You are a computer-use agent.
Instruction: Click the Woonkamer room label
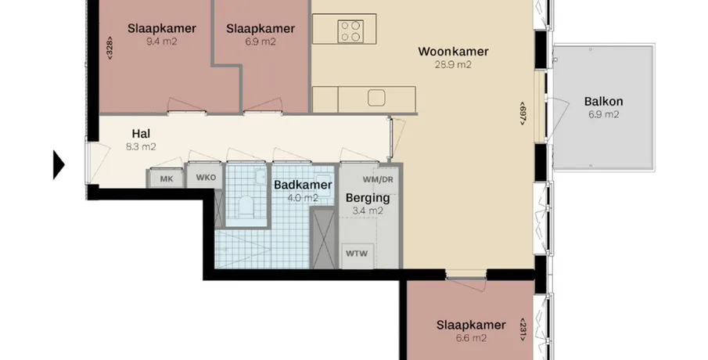click(x=453, y=52)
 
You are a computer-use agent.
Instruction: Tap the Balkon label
click(x=603, y=102)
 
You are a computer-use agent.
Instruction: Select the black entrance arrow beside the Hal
click(x=59, y=165)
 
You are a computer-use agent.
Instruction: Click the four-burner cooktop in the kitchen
click(x=350, y=31)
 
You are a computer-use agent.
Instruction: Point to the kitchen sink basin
click(x=376, y=98)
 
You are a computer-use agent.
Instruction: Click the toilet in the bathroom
click(x=247, y=207)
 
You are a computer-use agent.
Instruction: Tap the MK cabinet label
click(x=167, y=179)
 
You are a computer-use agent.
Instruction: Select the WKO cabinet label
click(x=206, y=178)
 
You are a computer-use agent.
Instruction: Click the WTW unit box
click(x=357, y=254)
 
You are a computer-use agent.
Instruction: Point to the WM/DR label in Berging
click(x=378, y=179)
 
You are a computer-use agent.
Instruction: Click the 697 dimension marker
click(x=523, y=113)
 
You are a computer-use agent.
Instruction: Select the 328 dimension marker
click(x=110, y=48)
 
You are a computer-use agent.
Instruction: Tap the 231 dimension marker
click(x=523, y=329)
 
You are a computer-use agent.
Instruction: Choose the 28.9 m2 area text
click(x=453, y=65)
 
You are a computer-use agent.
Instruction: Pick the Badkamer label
click(x=303, y=185)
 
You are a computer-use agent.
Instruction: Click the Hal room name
click(x=141, y=134)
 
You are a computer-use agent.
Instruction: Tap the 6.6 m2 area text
click(x=471, y=338)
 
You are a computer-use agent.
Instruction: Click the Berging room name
click(x=368, y=198)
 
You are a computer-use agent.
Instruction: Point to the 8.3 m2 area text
click(x=141, y=147)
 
